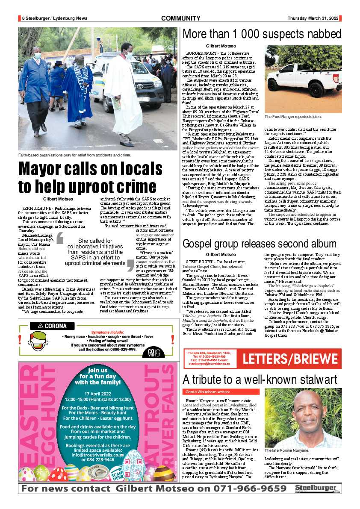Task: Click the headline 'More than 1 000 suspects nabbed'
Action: coord(261,35)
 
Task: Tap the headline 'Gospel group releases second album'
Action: coord(260,244)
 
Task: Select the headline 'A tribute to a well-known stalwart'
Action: coord(260,379)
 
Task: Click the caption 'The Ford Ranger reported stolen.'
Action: coord(293,116)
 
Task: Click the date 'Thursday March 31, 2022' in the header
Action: coord(313,18)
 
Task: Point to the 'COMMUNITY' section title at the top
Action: coord(180,18)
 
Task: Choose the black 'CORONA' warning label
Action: coord(55,326)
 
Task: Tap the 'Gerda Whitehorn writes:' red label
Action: coord(207,391)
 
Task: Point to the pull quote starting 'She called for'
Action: coord(95,252)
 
